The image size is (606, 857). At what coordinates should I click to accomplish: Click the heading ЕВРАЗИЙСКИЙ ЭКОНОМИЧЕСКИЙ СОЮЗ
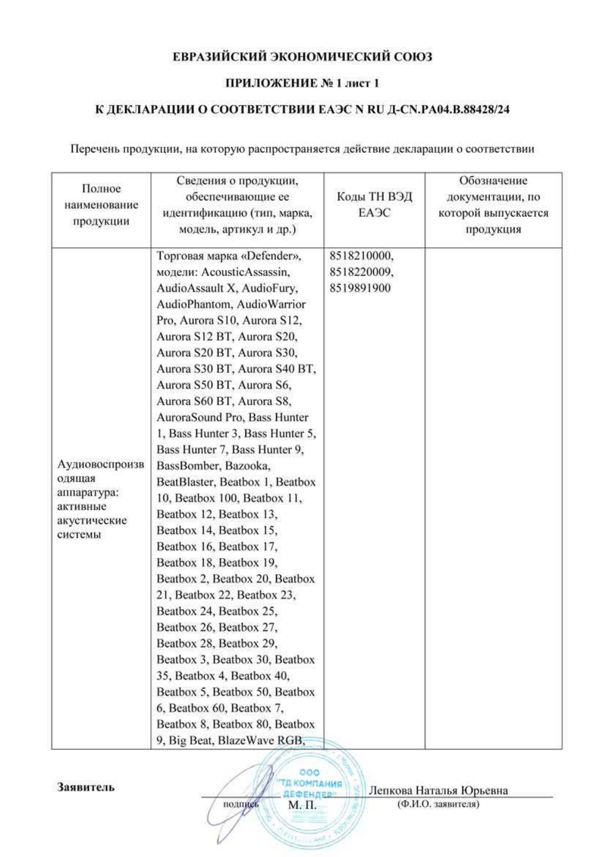pos(303,57)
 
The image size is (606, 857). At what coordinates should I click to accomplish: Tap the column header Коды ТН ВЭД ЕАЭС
pos(374,205)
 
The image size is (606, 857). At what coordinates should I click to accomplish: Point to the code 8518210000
pos(361,256)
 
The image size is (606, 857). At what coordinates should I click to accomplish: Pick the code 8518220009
pos(361,272)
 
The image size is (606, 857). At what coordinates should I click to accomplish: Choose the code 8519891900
pos(360,288)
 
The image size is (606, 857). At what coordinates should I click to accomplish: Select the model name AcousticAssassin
pos(245,272)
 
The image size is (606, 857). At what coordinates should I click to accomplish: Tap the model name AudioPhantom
pos(194,304)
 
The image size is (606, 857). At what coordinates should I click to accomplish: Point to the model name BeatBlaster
pos(185,482)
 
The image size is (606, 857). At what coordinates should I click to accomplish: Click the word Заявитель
pos(86,787)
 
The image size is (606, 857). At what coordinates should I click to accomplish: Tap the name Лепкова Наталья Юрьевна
pos(438,790)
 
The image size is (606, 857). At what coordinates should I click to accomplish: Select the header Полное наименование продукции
pos(101,205)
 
